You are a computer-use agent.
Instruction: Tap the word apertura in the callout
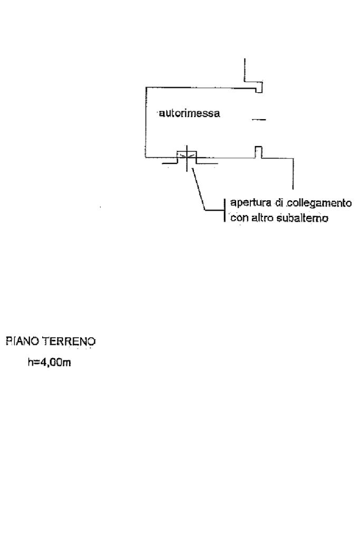246,203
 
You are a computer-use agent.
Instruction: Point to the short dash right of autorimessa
259,120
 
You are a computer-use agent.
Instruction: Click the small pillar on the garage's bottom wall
258,151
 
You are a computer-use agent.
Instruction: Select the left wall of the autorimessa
145,121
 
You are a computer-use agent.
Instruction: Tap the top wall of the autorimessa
200,87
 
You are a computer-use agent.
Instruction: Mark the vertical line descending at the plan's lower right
293,174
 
